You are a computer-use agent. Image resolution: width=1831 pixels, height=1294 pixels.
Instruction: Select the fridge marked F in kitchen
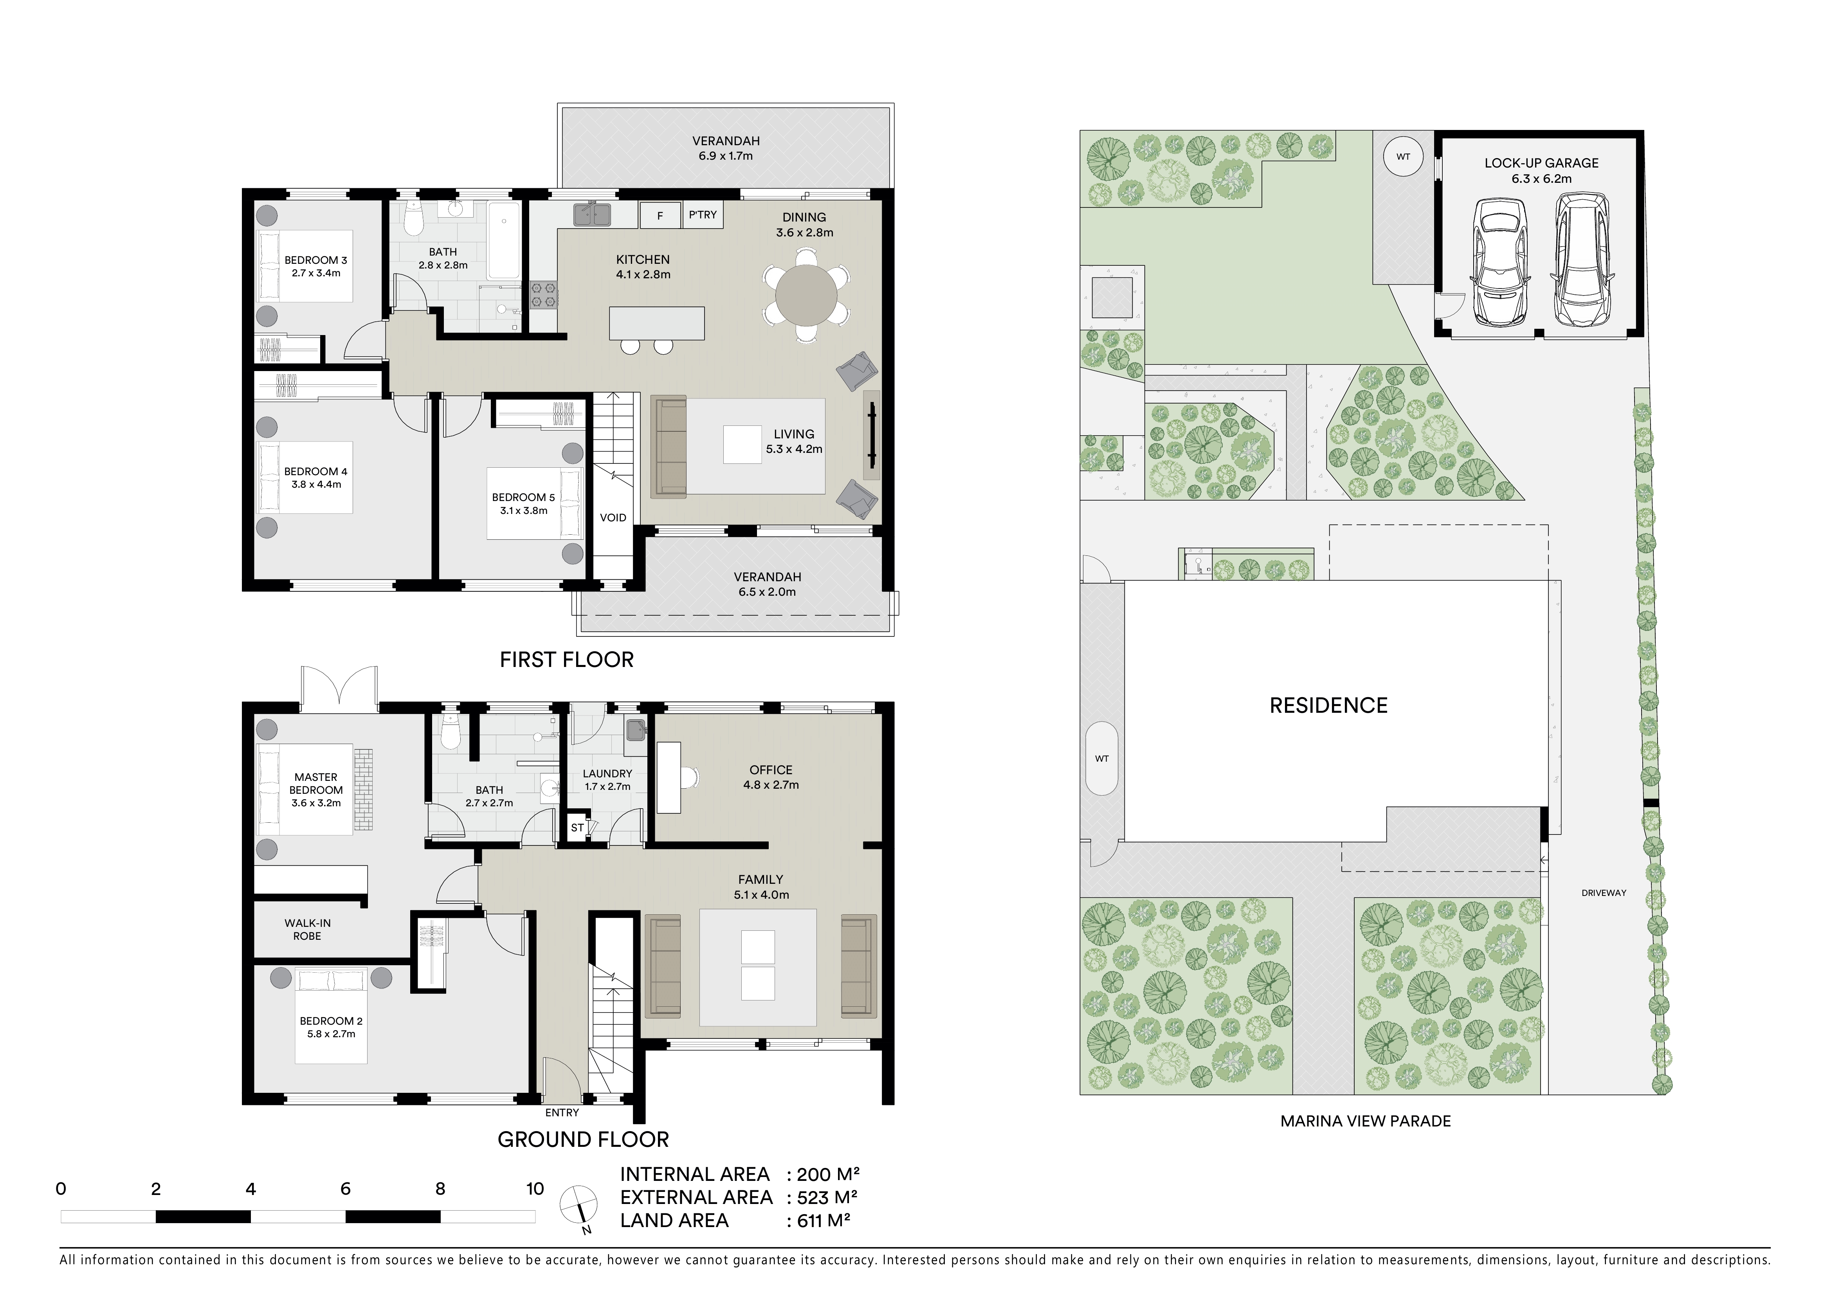(x=660, y=215)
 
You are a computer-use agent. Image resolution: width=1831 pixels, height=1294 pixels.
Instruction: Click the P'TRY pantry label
(x=703, y=214)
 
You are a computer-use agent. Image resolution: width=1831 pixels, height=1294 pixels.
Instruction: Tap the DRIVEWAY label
(x=1604, y=893)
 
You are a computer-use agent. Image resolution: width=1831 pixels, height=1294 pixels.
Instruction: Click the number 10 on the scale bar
(x=534, y=1189)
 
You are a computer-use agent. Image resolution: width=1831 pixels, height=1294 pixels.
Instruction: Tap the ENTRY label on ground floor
(x=562, y=1112)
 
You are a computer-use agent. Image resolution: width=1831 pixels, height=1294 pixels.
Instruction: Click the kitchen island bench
(x=657, y=323)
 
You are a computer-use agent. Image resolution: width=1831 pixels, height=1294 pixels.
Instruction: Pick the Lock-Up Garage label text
(x=1541, y=163)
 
